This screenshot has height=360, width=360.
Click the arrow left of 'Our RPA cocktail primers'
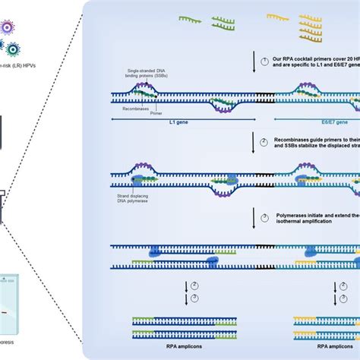tap(254, 70)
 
